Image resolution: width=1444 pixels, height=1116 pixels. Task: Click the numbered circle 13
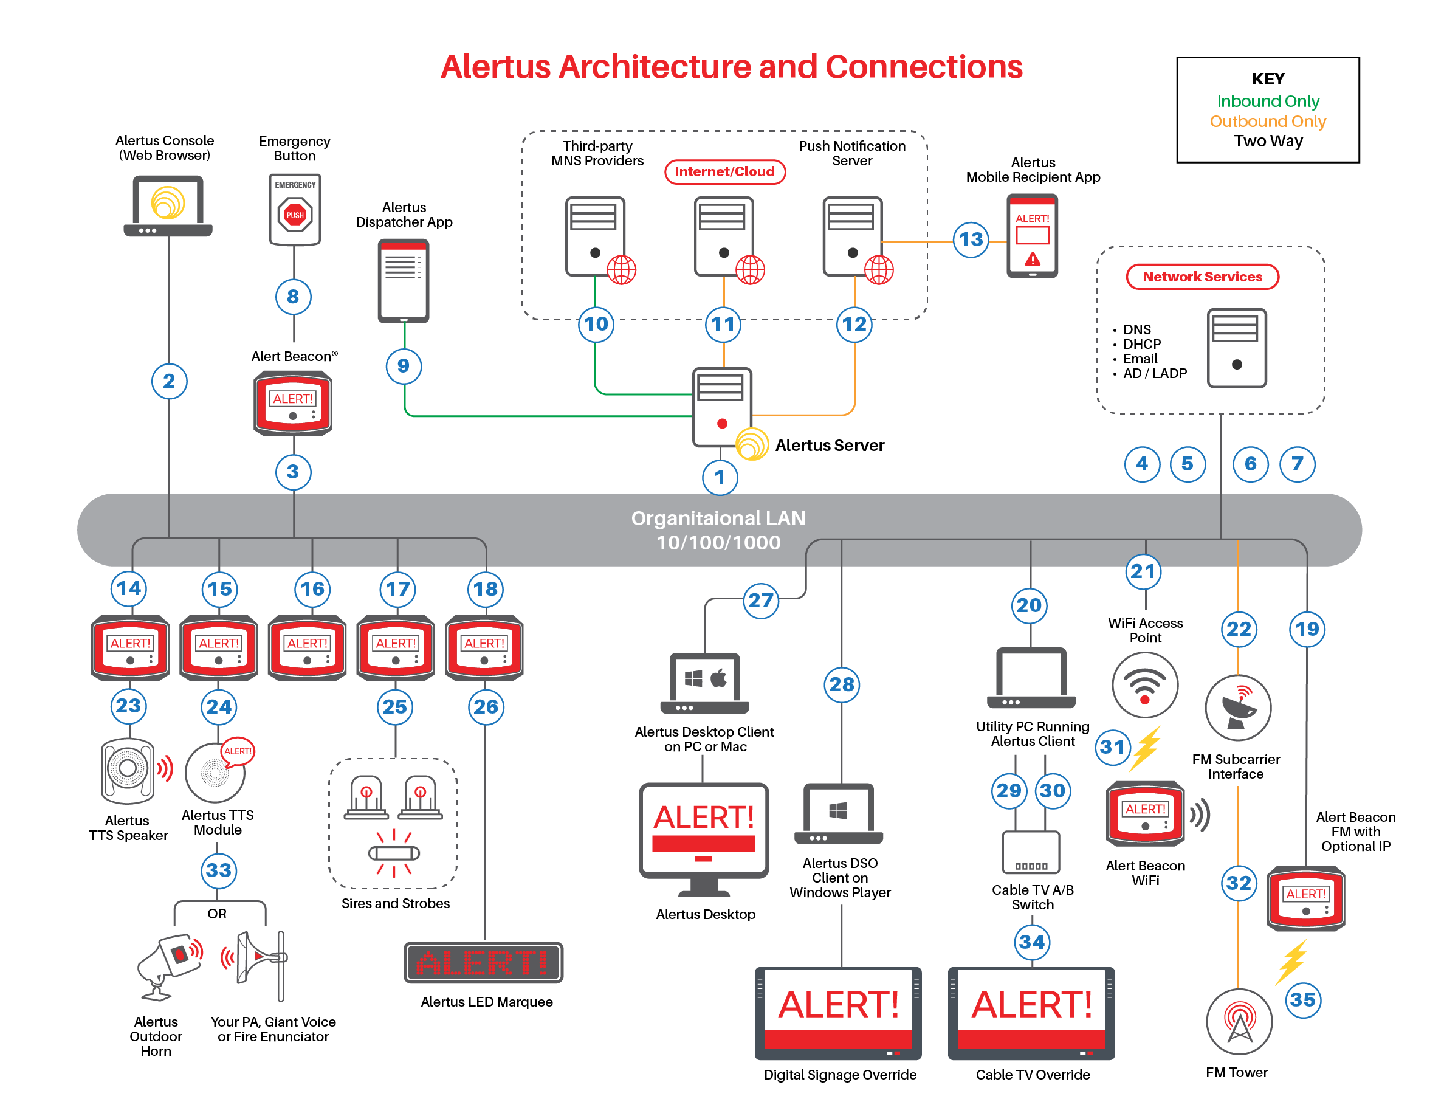click(970, 239)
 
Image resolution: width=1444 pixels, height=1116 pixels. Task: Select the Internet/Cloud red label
click(724, 172)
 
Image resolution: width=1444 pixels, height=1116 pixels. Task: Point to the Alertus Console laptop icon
click(168, 205)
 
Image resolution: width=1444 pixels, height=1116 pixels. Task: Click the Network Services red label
click(1202, 277)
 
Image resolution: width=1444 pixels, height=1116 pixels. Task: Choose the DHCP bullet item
click(1141, 345)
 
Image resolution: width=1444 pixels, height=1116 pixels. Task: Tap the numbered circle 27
click(760, 601)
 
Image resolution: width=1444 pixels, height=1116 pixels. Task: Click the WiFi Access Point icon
click(1144, 685)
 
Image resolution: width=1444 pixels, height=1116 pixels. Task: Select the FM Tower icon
click(1239, 1021)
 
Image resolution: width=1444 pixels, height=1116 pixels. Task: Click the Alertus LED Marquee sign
click(483, 963)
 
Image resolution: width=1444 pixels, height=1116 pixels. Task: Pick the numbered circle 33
click(218, 870)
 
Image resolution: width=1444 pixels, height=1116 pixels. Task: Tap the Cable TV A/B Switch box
click(1030, 853)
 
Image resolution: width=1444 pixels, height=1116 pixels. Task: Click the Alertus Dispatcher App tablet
click(404, 281)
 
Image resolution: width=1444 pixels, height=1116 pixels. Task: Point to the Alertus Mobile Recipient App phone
click(1031, 235)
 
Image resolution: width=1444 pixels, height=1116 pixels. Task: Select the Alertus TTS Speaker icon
click(128, 770)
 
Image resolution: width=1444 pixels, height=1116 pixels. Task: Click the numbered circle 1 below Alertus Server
click(720, 477)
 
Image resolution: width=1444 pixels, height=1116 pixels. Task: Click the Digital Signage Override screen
click(837, 1012)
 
